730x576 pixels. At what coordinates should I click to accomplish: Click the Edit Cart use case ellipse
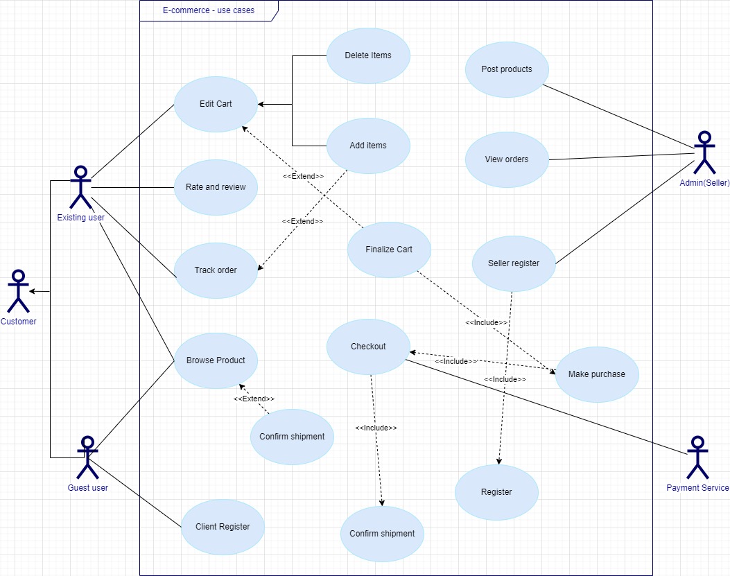pos(216,104)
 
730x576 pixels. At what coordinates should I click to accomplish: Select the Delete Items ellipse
pos(368,55)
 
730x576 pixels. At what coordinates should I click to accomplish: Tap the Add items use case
pos(368,146)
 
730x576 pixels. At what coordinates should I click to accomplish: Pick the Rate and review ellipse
pos(216,187)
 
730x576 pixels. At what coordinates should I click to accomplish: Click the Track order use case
pos(216,270)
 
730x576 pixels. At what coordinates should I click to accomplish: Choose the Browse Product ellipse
pos(216,360)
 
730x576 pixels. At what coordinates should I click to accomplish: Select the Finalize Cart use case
pos(389,250)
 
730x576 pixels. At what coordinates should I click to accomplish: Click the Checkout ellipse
pos(368,347)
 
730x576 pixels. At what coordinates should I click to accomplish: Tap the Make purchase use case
pos(597,374)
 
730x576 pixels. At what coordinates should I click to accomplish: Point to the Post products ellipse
pos(507,69)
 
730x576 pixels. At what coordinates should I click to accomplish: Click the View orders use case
pos(507,159)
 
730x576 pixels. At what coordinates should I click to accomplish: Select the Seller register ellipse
pos(514,263)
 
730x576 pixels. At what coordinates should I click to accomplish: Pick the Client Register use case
pos(223,527)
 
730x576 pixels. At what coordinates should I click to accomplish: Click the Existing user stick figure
pos(80,187)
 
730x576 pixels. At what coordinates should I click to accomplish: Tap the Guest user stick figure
pos(87,457)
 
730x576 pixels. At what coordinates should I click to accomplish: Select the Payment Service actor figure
pos(697,457)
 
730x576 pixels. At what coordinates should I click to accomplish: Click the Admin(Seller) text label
pos(704,182)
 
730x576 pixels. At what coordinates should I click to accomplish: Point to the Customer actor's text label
pos(18,322)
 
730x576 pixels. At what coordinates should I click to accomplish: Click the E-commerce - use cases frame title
pos(208,10)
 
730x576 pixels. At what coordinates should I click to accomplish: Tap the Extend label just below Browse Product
pos(254,399)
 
